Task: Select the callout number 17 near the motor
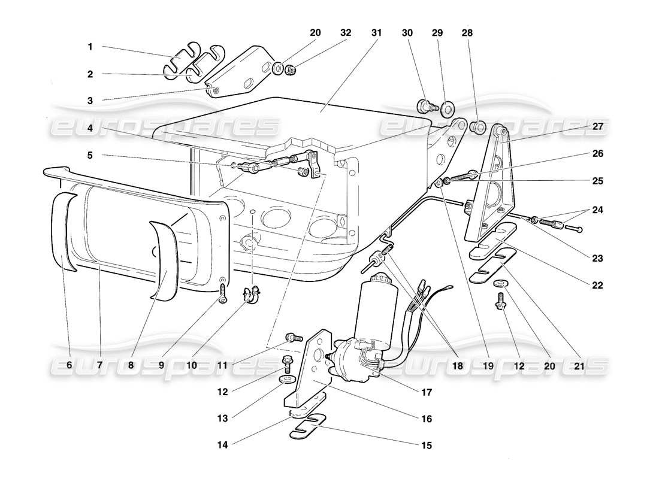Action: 427,393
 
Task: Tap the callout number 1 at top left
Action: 90,46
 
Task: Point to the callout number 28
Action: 467,34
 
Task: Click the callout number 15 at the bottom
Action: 426,445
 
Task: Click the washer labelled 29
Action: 447,110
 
